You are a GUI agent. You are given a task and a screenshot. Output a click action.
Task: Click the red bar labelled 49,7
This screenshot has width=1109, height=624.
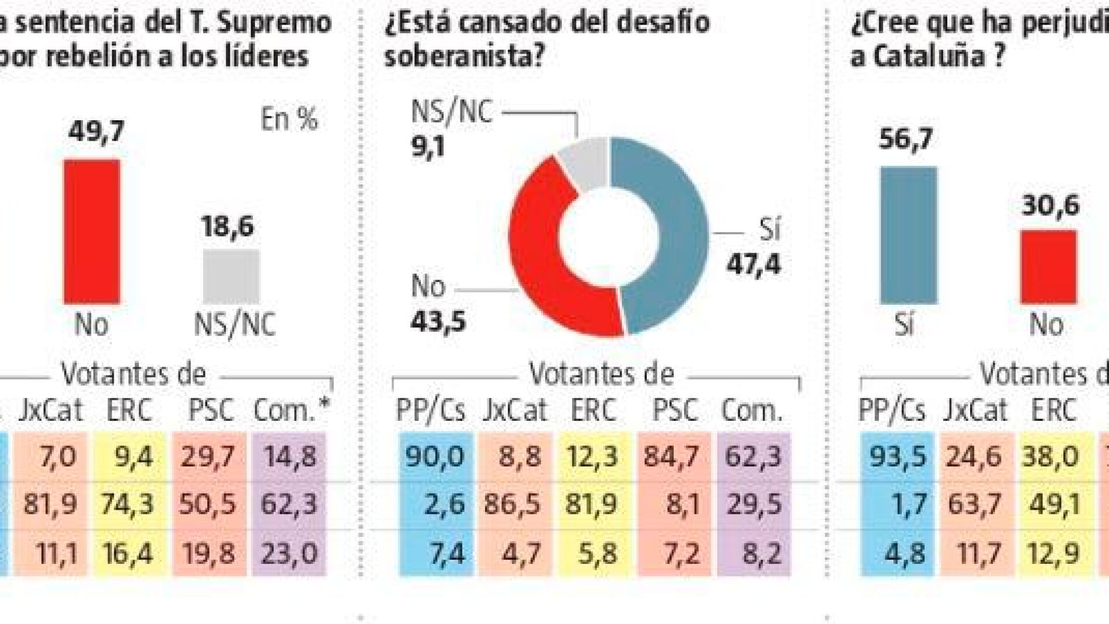[x=92, y=231]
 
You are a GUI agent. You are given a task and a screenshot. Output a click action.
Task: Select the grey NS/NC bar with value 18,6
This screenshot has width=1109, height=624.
[x=231, y=276]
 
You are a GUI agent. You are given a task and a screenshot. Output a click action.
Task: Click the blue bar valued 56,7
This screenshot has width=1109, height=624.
[x=908, y=235]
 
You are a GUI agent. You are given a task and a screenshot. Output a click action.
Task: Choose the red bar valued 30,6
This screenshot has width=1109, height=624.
[x=1048, y=266]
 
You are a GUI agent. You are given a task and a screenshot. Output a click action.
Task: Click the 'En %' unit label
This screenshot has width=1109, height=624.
[x=289, y=120]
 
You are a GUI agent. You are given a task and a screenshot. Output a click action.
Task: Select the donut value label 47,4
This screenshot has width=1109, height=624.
[x=753, y=264]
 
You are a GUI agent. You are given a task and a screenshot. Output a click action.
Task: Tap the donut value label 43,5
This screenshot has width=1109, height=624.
[x=438, y=320]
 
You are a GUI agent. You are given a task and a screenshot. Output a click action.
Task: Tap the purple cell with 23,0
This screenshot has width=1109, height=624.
[x=289, y=552]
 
